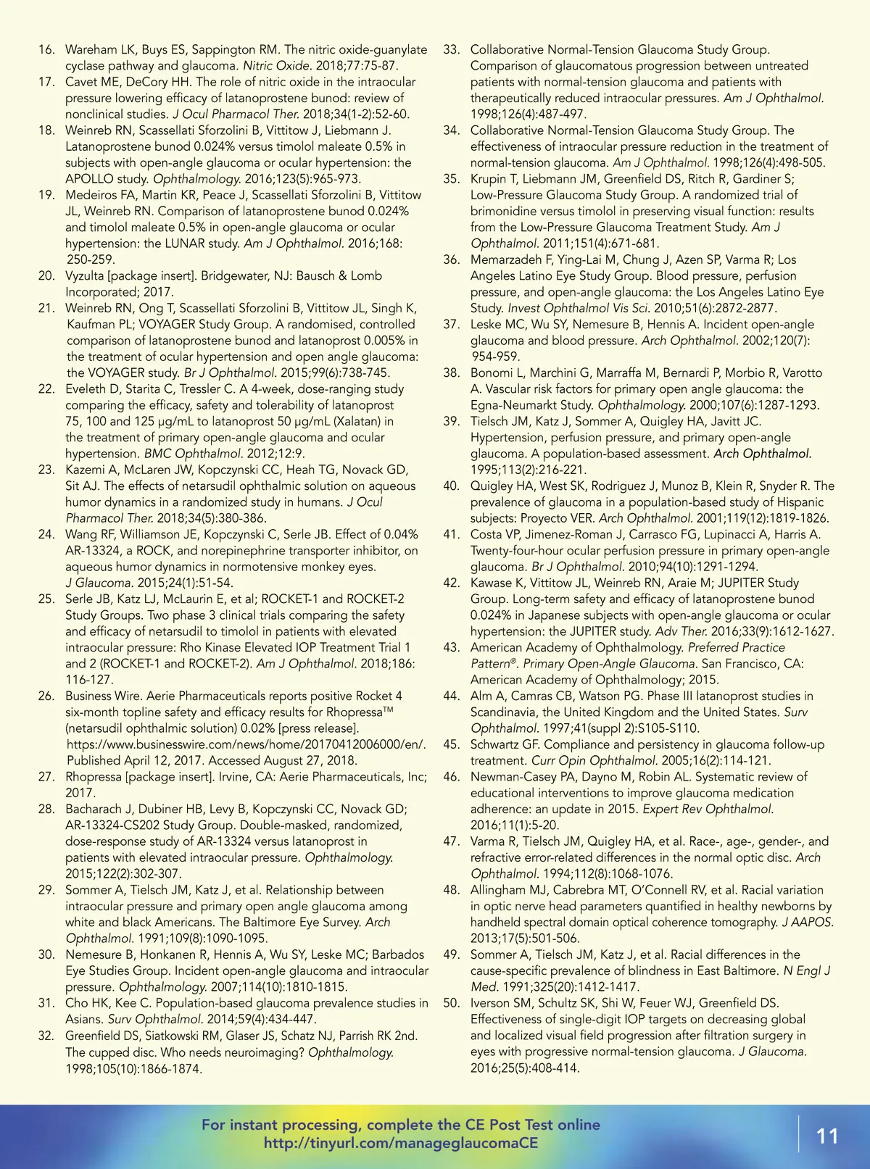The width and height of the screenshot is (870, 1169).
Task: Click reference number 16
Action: (46, 50)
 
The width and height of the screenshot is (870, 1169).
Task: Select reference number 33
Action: (451, 50)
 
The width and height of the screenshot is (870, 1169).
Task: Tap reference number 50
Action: (451, 1004)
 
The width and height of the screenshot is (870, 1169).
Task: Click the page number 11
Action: (827, 1135)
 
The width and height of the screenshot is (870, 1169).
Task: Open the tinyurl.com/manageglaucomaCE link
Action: (401, 1143)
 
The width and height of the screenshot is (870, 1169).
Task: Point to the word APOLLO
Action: (89, 179)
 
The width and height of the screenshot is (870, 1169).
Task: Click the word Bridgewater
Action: (236, 276)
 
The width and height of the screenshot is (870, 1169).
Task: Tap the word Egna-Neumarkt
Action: (517, 406)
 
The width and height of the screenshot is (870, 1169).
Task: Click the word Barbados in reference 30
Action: (398, 955)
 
